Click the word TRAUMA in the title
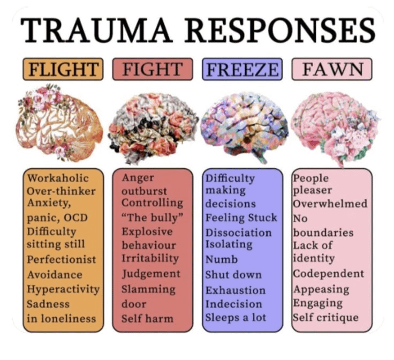click(x=96, y=32)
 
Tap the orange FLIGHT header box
click(x=63, y=69)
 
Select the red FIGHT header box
click(x=153, y=69)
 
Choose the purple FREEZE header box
click(x=242, y=69)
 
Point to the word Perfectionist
click(x=62, y=259)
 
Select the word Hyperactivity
click(x=63, y=289)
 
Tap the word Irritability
click(x=150, y=258)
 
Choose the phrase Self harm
click(x=147, y=318)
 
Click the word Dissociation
click(x=238, y=232)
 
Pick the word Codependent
click(x=328, y=273)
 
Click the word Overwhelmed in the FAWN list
click(x=330, y=204)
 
